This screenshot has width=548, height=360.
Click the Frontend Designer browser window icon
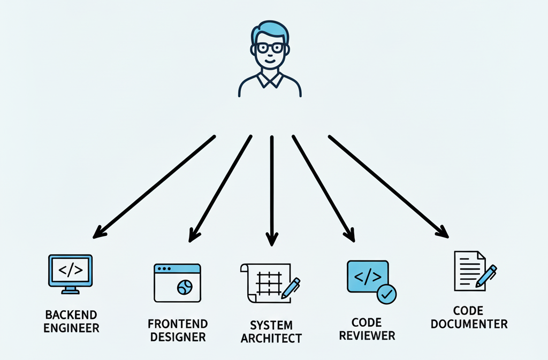tap(177, 282)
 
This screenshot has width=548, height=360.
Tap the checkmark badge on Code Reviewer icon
tap(386, 293)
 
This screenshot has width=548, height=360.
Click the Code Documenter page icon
tap(468, 271)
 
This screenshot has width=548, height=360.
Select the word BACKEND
tap(71, 314)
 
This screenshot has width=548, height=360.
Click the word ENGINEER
tap(71, 328)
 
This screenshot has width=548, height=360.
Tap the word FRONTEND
tap(177, 324)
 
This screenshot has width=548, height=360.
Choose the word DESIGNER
tap(178, 338)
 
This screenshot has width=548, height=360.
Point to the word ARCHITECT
tap(271, 339)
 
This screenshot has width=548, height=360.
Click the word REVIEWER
tap(367, 336)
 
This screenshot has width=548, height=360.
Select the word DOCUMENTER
tap(469, 324)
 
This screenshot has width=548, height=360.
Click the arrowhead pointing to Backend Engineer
tap(98, 233)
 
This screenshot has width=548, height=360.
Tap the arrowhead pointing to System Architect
tap(272, 239)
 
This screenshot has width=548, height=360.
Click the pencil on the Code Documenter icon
tap(485, 276)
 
